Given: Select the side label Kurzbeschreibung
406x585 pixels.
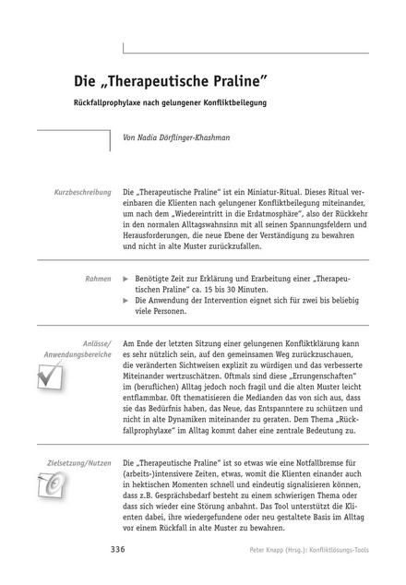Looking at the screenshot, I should (x=82, y=192).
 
